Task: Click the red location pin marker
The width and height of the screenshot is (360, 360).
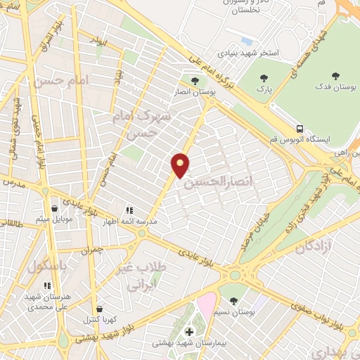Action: (x=181, y=165)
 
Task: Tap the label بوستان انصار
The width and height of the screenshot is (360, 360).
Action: (x=195, y=91)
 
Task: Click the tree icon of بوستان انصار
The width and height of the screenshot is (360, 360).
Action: (x=195, y=80)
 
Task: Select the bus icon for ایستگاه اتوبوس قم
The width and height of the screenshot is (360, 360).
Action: (x=300, y=129)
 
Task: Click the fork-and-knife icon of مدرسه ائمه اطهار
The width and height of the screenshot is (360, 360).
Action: (x=129, y=210)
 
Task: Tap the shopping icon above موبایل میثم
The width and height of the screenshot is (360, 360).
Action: (x=56, y=207)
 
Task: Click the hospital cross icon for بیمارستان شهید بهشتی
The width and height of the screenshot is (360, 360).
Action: (x=188, y=332)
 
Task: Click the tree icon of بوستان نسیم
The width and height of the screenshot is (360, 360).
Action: (x=233, y=300)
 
